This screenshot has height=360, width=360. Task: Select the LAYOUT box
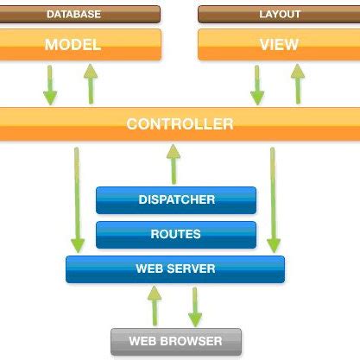coord(280,15)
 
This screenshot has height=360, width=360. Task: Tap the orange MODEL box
coord(73,45)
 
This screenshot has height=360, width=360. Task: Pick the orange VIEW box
coord(280,45)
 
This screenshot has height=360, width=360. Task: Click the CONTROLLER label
coord(180,124)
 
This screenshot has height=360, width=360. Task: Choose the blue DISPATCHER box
coord(176,199)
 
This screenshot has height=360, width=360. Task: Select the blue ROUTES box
coord(176,234)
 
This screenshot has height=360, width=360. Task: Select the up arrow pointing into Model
coord(88,85)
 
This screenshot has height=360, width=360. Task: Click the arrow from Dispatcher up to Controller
coord(174,163)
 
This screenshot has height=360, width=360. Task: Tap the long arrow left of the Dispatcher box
coord(77,199)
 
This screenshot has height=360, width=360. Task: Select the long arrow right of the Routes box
coord(274,199)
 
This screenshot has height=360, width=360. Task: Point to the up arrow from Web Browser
coord(155,306)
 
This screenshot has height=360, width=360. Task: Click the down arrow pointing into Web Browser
coord(196,306)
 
